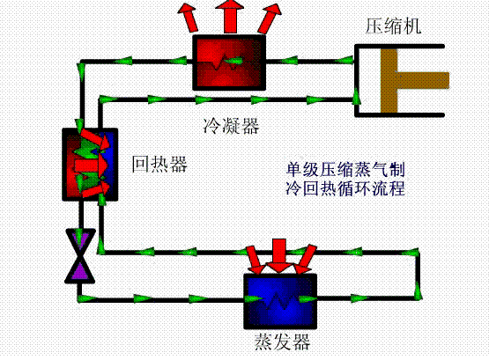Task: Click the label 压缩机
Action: point(393,26)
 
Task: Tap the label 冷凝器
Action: point(231,126)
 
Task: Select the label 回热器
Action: point(159,164)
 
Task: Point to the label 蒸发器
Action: point(282,342)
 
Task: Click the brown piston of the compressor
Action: point(389,80)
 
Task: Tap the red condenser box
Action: point(229,62)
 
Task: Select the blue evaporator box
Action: point(280,301)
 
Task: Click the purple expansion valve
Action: point(80,256)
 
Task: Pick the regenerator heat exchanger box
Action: point(90,164)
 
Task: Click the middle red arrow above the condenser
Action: point(230,16)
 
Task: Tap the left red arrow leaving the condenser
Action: point(189,17)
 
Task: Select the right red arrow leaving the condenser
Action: point(270,18)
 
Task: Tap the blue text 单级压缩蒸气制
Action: point(345,169)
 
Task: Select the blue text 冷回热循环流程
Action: point(345,188)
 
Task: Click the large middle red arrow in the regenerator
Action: point(91,164)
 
